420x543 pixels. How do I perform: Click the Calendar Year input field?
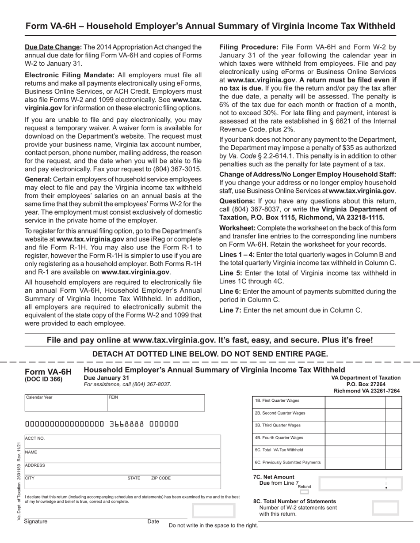[65, 403]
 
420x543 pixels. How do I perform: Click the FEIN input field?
[156, 403]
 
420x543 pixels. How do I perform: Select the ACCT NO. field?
[122, 442]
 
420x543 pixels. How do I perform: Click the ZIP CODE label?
[161, 478]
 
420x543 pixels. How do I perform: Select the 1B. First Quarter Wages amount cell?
[355, 401]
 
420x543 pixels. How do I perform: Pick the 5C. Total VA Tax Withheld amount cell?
[355, 450]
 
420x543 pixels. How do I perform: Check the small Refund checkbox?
[304, 492]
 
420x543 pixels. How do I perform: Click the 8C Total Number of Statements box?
[385, 508]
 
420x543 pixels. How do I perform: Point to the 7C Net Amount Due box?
[360, 484]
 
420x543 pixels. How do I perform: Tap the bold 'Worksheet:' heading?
[237, 228]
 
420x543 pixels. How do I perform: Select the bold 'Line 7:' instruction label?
[230, 310]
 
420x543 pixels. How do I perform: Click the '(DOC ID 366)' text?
[43, 379]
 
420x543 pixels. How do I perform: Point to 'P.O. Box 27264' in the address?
[367, 384]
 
